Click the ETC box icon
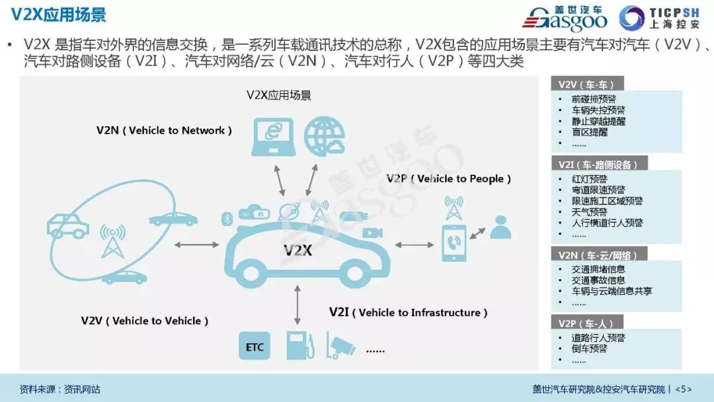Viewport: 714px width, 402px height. pos(255,346)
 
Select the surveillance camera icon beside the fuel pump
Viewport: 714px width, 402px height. pos(341,345)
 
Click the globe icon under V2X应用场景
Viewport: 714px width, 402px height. pos(325,136)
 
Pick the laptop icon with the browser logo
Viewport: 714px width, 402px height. pos(273,136)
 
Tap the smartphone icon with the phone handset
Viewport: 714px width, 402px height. pos(454,243)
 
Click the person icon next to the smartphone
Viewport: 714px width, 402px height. pos(500,227)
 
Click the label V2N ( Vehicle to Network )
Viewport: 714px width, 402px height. pos(164,130)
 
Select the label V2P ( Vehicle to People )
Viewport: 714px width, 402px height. pos(449,179)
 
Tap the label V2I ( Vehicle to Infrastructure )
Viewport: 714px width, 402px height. pos(409,312)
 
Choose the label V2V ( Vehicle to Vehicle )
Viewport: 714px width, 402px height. pos(145,321)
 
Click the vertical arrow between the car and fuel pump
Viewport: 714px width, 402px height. pos(298,305)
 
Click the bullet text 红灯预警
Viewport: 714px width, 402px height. pos(590,179)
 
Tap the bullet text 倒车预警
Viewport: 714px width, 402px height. pos(589,348)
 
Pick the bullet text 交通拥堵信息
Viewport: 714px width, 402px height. pos(598,269)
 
